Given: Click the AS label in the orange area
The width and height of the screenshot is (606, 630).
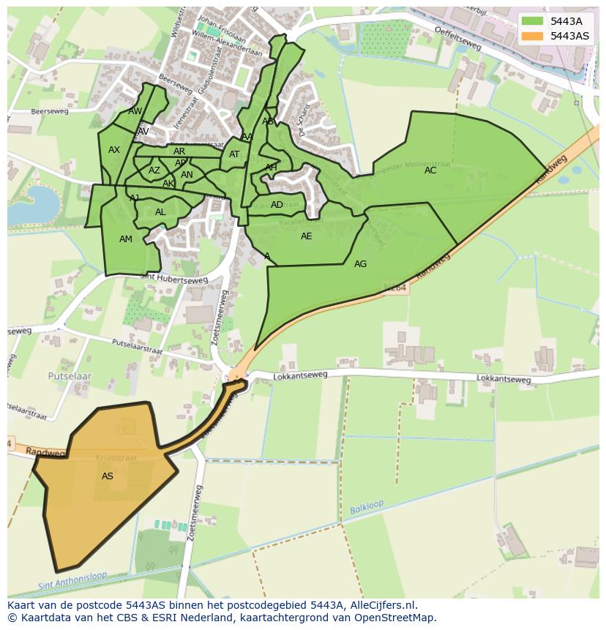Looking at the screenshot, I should tap(108, 476).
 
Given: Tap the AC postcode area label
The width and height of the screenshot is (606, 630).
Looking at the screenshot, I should tap(430, 170).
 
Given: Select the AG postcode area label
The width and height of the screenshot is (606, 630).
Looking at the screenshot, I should tap(360, 264).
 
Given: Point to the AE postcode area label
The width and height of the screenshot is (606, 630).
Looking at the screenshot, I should tap(306, 236).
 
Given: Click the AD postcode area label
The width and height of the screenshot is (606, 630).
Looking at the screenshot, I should tap(277, 205).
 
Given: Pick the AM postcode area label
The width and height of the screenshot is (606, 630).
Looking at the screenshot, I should tap(126, 239).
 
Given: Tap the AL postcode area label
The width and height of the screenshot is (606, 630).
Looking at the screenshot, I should tap(160, 212).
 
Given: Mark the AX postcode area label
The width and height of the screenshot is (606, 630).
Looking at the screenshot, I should tap(114, 150).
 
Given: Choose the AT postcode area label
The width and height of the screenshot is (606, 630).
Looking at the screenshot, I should tap(234, 154).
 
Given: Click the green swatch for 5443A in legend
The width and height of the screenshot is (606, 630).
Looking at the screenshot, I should tap(532, 21).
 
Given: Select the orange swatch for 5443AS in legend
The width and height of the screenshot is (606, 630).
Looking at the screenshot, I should tap(532, 36).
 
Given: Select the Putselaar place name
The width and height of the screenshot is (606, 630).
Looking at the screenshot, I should tap(70, 375).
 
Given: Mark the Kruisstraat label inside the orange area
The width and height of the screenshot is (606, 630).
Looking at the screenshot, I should tap(111, 457).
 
